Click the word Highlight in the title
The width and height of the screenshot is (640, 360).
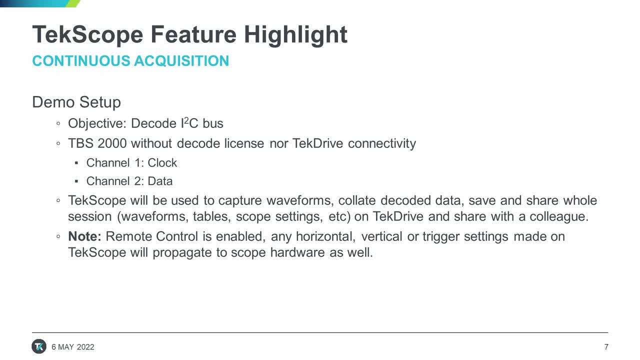[x=295, y=35]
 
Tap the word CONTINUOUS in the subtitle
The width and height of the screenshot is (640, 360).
[x=81, y=61]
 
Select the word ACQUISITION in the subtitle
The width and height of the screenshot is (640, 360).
[x=181, y=61]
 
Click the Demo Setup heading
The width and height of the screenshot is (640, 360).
[x=76, y=102]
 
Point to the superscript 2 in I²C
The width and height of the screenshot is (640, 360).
[x=186, y=120]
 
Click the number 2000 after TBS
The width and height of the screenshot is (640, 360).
[x=112, y=143]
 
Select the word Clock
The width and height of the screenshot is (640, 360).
[x=162, y=163]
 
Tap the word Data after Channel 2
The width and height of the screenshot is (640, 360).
[x=160, y=181]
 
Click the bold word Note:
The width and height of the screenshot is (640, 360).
[x=84, y=236]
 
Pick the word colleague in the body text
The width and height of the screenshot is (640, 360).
[x=559, y=216]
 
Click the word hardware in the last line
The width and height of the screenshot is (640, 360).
[x=297, y=252]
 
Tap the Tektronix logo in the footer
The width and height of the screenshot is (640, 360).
[x=39, y=346]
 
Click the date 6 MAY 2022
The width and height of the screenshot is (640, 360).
[x=73, y=347]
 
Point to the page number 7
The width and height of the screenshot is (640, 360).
[x=606, y=347]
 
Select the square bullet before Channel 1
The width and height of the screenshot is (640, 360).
[x=76, y=163]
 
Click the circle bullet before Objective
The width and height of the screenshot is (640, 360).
[x=58, y=123]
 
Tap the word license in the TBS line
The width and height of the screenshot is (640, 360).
[x=244, y=143]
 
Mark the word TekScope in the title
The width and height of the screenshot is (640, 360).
[x=87, y=35]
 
